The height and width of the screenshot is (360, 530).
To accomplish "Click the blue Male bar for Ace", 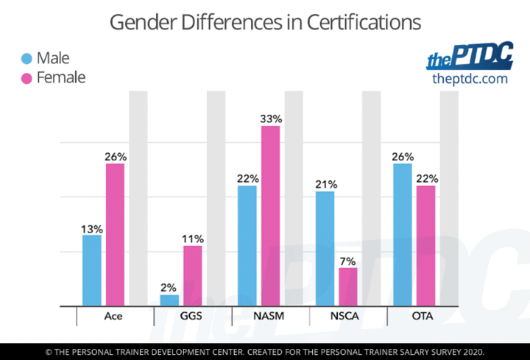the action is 91,270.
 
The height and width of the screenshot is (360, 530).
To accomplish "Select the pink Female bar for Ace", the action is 115,235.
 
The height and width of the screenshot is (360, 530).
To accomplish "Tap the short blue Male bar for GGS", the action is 169,300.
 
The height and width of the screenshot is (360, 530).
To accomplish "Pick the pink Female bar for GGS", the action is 193,276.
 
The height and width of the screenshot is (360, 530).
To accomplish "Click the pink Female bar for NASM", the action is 270,216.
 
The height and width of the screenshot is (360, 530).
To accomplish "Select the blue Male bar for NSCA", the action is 325,248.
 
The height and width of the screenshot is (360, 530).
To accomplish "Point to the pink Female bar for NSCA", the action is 347,286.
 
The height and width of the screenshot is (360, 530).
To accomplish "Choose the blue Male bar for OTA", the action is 403,235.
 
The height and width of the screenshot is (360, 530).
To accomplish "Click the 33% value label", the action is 271,119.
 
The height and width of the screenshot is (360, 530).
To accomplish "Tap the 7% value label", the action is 347,261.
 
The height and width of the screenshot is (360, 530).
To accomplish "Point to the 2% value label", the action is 169,288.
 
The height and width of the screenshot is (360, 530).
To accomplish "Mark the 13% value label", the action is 91,229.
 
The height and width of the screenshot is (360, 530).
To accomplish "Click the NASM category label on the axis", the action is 269,316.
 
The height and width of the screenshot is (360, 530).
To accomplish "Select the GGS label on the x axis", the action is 191,316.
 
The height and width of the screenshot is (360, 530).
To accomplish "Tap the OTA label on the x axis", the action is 423,316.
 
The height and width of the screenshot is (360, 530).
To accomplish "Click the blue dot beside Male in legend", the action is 26,58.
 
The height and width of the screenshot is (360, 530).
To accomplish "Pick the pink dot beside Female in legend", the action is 26,78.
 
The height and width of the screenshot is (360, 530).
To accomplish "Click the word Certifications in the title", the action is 364,22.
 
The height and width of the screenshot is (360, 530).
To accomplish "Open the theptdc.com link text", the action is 470,79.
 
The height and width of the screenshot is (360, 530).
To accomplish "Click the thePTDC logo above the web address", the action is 470,55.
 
